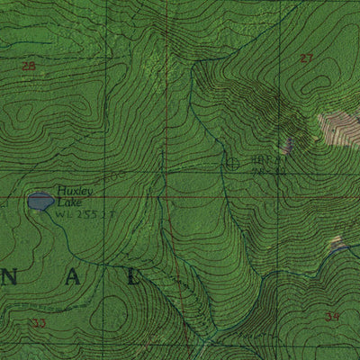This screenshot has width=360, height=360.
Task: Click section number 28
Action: coord(28,65)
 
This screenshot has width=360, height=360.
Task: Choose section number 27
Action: coord(307,58)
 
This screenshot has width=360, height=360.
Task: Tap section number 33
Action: coord(38,322)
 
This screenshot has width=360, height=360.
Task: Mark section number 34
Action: coord(332,316)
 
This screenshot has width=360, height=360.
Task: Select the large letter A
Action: coord(73,277)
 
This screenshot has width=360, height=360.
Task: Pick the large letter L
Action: coord(134,277)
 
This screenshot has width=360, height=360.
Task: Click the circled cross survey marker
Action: coord(233,163)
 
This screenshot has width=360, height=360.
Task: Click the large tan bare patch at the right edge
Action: coord(340,129)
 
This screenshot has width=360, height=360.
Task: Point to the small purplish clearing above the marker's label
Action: coord(288,144)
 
